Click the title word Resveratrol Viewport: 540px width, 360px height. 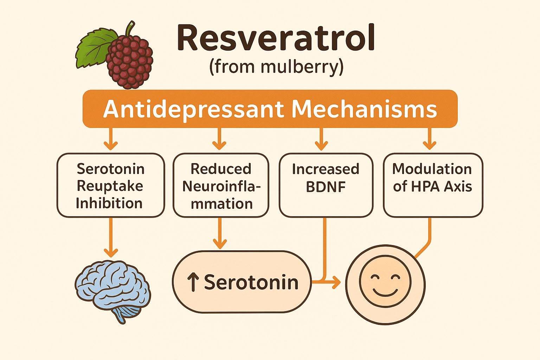click(276, 38)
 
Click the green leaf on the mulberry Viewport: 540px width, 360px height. click(95, 48)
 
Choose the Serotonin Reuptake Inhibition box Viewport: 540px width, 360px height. click(111, 185)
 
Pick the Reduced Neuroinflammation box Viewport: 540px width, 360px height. click(221, 185)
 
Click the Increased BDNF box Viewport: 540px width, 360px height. click(326, 185)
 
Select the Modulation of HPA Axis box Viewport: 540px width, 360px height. click(433, 185)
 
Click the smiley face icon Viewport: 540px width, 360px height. click(385, 284)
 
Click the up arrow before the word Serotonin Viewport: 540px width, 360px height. click(193, 282)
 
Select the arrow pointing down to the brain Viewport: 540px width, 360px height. click(111, 237)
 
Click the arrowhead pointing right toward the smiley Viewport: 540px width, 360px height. click(336, 281)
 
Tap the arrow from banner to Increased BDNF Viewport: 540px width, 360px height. click(321, 139)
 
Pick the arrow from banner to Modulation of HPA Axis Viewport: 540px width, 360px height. click(430, 139)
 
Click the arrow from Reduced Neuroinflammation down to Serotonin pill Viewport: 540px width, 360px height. click(220, 233)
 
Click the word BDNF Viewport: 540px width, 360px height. click(326, 187)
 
